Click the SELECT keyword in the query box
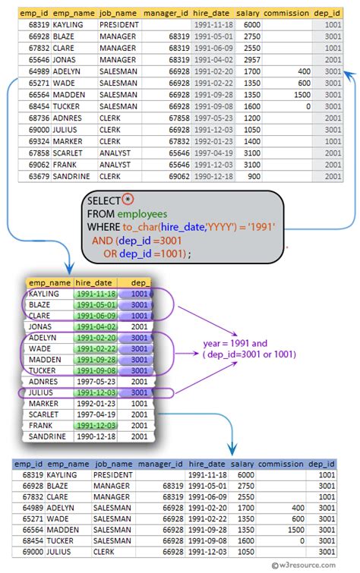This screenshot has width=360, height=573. [104, 200]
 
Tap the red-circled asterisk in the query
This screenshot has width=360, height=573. [128, 200]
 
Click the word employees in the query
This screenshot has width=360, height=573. [141, 213]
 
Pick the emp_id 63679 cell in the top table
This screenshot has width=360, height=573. [39, 176]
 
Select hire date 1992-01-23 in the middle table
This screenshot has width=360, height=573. [96, 404]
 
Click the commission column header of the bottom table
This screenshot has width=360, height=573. [279, 464]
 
